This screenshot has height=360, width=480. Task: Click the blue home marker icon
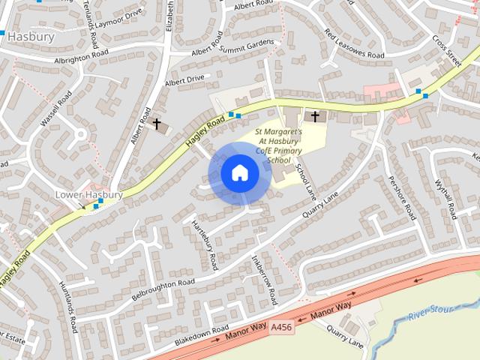[240, 173]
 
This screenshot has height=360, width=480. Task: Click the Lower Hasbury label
[88, 195]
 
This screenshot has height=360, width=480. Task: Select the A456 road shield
[281, 328]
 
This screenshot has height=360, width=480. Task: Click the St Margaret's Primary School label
[279, 145]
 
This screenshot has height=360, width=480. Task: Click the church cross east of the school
[315, 116]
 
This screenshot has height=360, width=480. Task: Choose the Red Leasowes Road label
[354, 44]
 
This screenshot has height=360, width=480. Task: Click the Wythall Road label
[445, 202]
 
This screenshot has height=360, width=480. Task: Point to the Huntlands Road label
[68, 307]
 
